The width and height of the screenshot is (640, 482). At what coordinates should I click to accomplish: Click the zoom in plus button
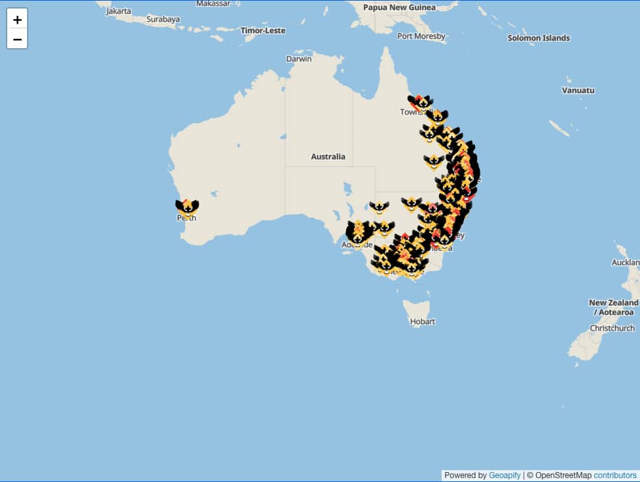tap(17, 19)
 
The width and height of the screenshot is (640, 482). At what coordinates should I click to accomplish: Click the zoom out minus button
tap(17, 39)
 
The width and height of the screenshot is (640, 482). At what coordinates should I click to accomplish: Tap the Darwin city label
tap(299, 59)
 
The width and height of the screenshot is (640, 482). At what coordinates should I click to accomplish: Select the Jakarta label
tap(119, 11)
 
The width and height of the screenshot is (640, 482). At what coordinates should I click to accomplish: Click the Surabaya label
tap(163, 19)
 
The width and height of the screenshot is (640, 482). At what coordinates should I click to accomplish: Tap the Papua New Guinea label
tap(399, 7)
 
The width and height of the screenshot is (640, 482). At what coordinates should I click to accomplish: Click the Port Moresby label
tap(421, 36)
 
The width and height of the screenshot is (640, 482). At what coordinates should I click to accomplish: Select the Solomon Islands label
tap(538, 38)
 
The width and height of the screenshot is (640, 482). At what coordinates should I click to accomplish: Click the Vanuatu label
tap(578, 90)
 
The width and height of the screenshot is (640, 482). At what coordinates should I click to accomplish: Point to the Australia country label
tap(328, 156)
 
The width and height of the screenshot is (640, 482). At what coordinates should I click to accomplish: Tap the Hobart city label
tap(422, 321)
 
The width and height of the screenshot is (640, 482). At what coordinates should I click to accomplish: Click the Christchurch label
tap(612, 328)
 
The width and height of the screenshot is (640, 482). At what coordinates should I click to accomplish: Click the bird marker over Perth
tap(187, 208)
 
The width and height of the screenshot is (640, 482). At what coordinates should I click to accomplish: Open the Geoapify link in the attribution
tap(504, 475)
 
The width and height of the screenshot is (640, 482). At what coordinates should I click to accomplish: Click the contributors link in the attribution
tap(615, 475)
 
